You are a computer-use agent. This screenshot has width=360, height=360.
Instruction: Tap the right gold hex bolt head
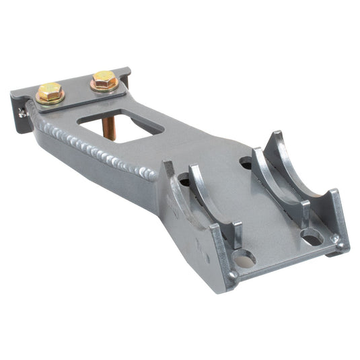(x=103, y=79)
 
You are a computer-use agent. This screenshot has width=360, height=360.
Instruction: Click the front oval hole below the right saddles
(x=310, y=237)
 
